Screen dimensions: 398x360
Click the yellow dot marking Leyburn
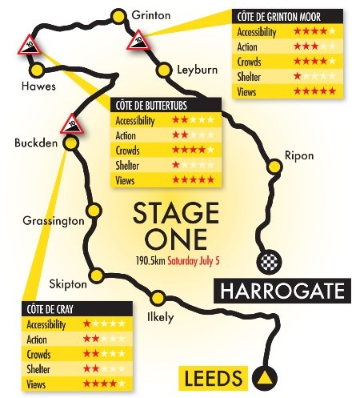(x=165, y=71)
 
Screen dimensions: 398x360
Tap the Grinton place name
(x=151, y=14)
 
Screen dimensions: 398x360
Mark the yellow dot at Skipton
(x=96, y=275)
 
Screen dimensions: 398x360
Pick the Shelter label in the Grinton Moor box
(x=251, y=76)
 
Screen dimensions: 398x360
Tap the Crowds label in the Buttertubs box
(x=128, y=150)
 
